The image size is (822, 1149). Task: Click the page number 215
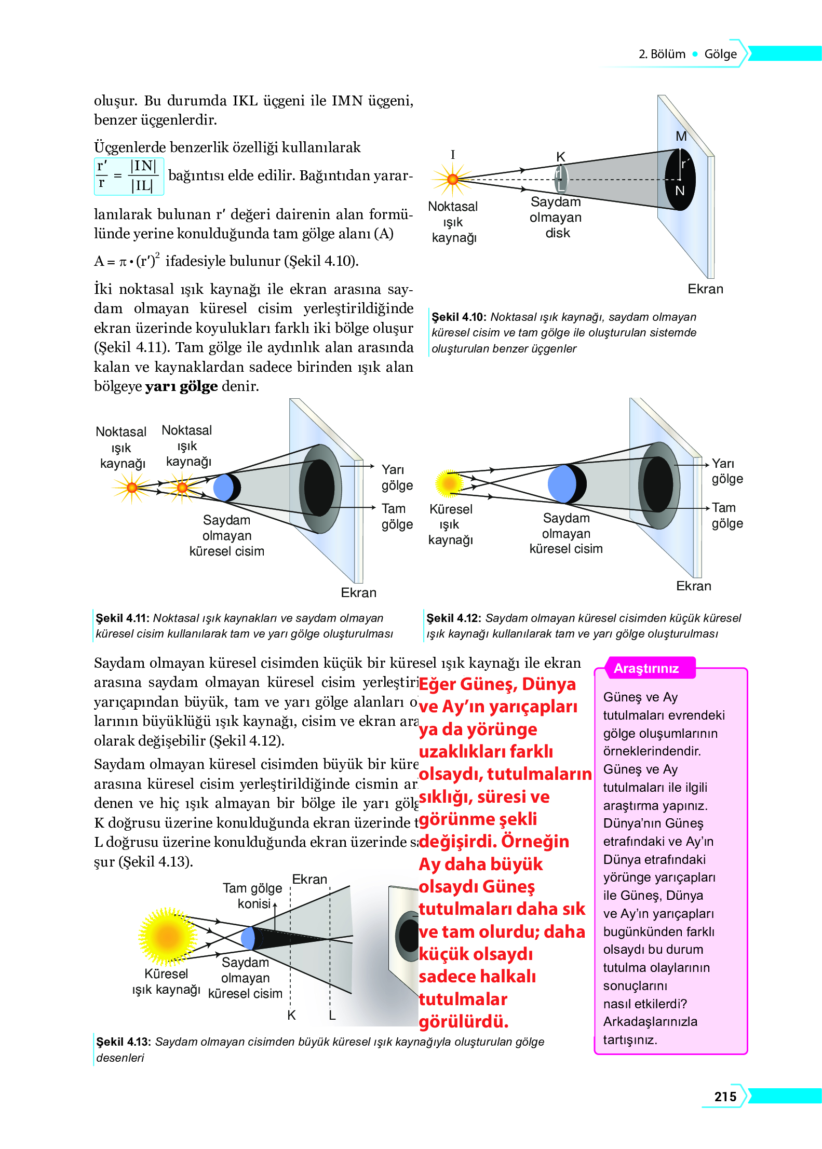pos(725,1096)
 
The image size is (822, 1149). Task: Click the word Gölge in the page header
pos(720,54)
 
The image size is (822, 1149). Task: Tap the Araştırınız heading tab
pos(646,668)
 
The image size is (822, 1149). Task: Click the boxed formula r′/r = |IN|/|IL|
pos(128,176)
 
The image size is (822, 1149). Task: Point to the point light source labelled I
pos(453,179)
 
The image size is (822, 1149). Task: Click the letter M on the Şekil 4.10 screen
pos(681,136)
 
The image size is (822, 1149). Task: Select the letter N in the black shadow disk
pos(680,191)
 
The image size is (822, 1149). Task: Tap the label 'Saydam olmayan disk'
pos(556,217)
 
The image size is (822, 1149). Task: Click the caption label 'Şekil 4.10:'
pos(459,317)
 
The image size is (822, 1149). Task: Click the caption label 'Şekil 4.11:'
pos(123,618)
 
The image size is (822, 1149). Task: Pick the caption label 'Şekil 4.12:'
pos(453,618)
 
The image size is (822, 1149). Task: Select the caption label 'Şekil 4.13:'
pos(123,1042)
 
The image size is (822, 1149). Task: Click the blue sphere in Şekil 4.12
pos(563,483)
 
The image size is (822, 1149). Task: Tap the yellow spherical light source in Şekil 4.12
pos(449,483)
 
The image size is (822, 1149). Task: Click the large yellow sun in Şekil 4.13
pos(167,936)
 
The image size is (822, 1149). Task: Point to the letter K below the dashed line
pos(291,1015)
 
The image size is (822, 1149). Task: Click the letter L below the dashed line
pos(332,1015)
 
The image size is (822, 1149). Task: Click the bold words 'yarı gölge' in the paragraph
pos(181,386)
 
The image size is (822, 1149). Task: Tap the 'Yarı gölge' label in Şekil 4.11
pos(397,477)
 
